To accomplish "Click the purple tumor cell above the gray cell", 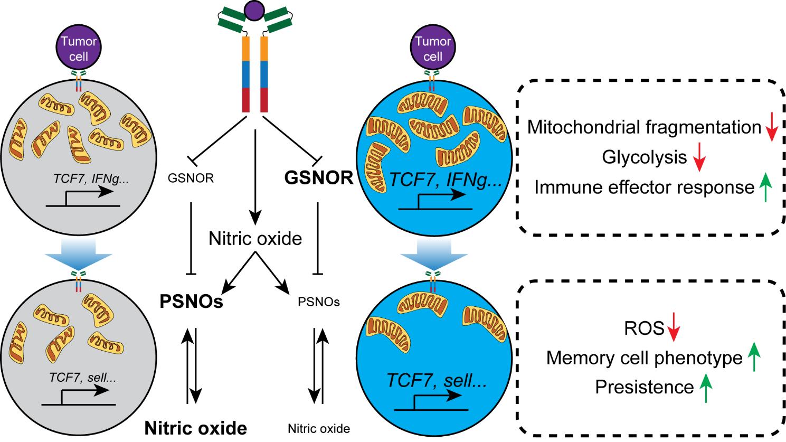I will [79, 48].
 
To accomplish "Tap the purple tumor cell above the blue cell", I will [433, 48].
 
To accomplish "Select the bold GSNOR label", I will [319, 178].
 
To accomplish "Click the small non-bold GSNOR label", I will [191, 178].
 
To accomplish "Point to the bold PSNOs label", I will [191, 302].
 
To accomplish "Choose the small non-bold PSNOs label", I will [318, 302].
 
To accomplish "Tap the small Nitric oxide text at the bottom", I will [319, 428].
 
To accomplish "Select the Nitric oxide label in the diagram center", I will [255, 239].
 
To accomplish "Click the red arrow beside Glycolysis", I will [699, 157].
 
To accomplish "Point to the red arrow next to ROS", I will [674, 328].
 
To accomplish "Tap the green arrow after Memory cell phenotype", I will [755, 358].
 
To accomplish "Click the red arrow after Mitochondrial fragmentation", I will [771, 127].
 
